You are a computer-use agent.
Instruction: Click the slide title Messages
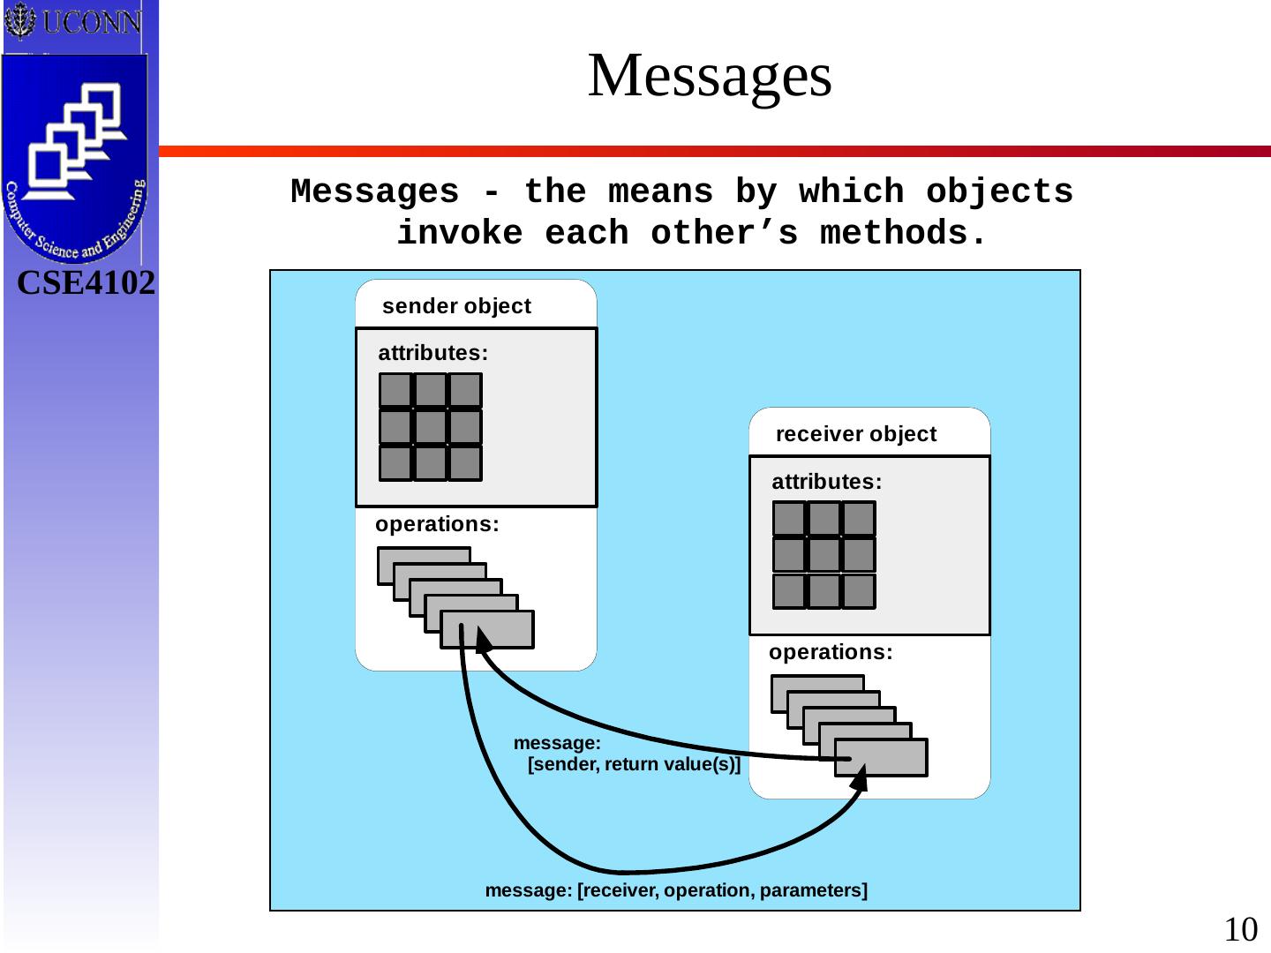tap(710, 76)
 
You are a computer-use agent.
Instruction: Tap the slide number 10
tap(1240, 929)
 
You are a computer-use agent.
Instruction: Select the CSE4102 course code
tap(86, 283)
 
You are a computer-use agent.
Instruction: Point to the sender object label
tap(456, 306)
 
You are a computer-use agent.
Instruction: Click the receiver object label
tap(855, 434)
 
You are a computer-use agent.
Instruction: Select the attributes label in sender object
tap(432, 353)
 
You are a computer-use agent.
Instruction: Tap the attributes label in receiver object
tap(826, 482)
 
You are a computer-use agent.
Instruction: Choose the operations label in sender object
tap(437, 524)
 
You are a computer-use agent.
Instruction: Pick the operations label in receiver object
tap(831, 652)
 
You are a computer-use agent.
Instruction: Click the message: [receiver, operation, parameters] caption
tap(676, 890)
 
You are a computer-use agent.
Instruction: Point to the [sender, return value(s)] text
tap(634, 764)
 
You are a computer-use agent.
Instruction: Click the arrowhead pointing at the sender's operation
tap(482, 639)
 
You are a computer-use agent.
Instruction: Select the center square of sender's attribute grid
tap(431, 427)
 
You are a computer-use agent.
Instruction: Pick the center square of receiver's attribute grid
tap(824, 555)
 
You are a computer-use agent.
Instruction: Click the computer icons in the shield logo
tap(76, 141)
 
